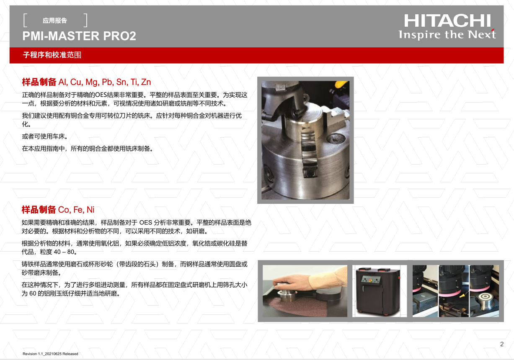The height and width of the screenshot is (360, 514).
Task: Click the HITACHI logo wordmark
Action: coord(447,21)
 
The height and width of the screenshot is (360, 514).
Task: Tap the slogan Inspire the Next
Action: coord(447,35)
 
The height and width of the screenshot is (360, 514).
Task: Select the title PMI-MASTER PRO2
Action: coord(79,36)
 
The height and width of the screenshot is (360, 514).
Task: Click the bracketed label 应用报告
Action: coord(55,21)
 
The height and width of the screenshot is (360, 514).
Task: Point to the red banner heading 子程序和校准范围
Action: coord(52,55)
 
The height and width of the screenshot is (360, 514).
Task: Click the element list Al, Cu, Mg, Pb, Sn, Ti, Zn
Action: coord(105,82)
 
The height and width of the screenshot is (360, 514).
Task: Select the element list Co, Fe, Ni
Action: coord(76,210)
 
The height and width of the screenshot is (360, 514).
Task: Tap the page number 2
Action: coord(502,344)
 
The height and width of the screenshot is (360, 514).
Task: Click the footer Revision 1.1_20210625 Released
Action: coord(50,354)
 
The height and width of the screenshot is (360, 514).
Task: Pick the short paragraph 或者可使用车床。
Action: coord(45,136)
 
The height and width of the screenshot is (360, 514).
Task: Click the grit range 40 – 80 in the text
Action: coord(64,252)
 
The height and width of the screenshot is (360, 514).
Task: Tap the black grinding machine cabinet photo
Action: coord(378,291)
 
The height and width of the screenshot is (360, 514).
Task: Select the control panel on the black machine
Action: coord(371,280)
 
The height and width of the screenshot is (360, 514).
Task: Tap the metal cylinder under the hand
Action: coord(287,296)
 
